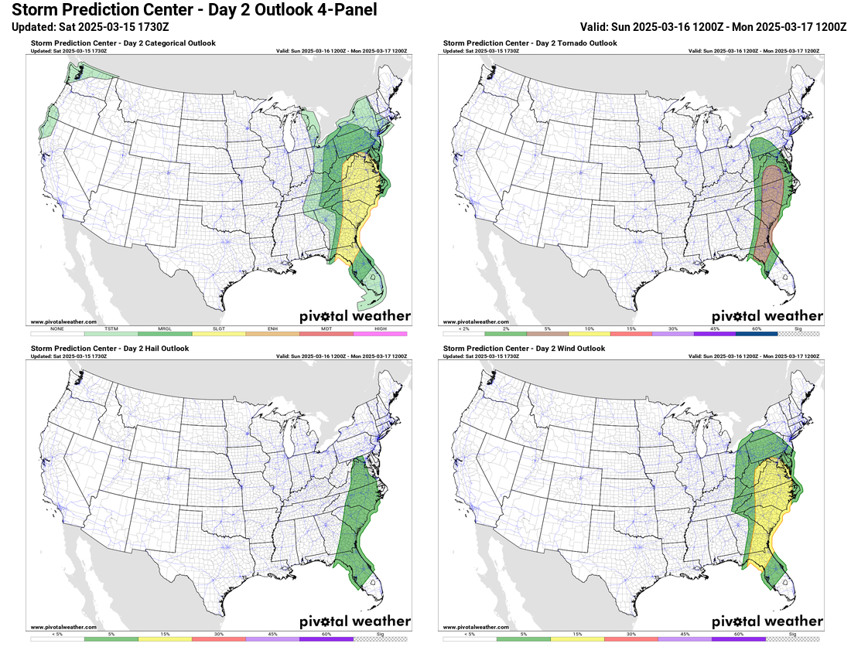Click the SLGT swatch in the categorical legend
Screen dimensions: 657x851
(219, 334)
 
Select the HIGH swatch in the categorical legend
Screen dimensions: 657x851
(380, 334)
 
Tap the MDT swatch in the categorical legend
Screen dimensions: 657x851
(326, 334)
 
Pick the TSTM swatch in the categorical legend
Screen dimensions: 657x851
(111, 334)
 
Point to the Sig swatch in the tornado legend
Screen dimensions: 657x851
(800, 334)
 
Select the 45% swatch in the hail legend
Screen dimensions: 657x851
(272, 639)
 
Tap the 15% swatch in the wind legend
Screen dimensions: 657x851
(577, 639)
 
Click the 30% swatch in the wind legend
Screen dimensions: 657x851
(631, 639)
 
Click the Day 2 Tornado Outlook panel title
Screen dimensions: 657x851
(530, 43)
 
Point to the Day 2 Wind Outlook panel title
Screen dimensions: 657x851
(524, 349)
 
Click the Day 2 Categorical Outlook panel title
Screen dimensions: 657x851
(123, 43)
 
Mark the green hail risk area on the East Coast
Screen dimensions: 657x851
(360, 510)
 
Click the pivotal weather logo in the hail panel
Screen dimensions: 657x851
(355, 621)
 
